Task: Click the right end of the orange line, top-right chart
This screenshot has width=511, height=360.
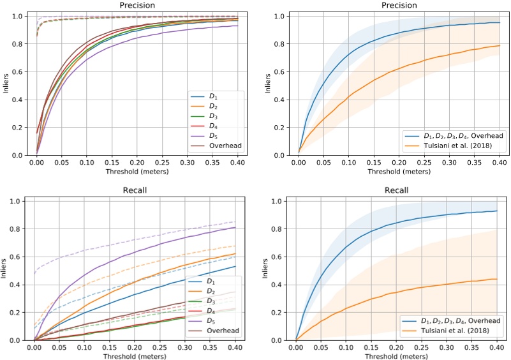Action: (x=498, y=45)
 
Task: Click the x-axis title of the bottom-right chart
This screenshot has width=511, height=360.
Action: (x=397, y=357)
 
